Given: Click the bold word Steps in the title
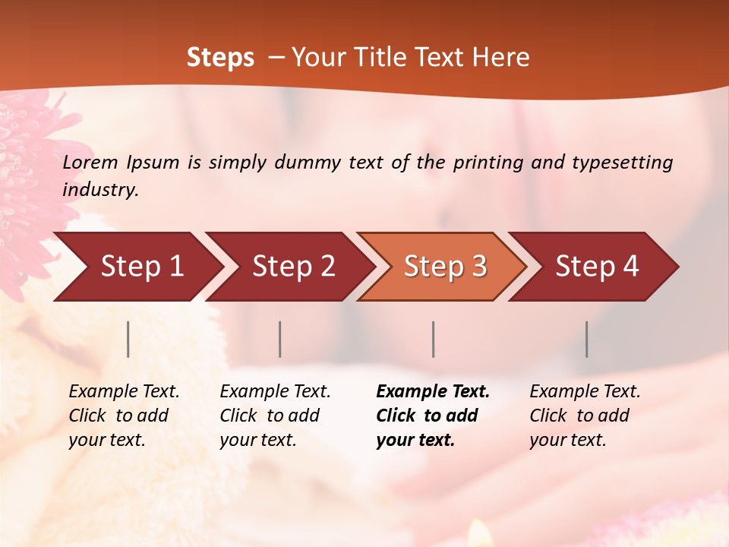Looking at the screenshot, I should point(220,57).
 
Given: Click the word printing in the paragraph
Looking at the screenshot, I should point(485,162).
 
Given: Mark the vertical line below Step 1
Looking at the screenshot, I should point(128,339).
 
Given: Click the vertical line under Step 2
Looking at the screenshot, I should point(280,339).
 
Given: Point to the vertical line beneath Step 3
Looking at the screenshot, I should point(433,339).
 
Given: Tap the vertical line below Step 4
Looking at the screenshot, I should point(587,339).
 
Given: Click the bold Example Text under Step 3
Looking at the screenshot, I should point(433,391).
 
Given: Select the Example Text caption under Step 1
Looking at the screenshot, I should point(124,391).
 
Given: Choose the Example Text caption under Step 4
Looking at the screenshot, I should point(585,391).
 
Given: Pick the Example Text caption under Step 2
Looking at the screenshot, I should point(275,391).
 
